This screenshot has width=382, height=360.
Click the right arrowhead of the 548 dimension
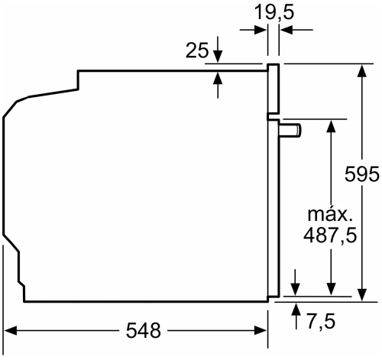coord(261,331)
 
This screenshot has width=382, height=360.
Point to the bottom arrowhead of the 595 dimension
coord(361,290)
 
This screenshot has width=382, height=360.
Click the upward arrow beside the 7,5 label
coord(296,307)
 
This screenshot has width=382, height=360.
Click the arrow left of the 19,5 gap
coord(261,31)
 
